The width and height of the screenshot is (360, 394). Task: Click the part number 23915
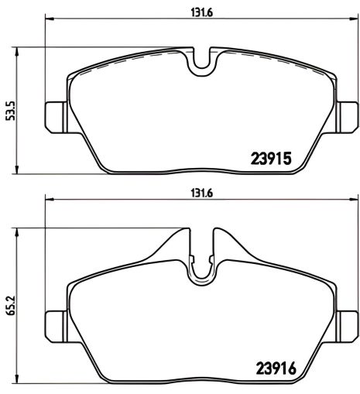pyautogui.click(x=269, y=159)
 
